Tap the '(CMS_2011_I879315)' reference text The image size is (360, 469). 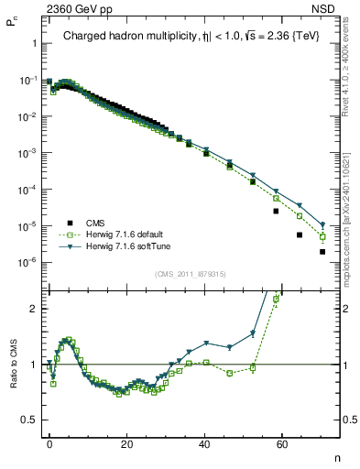click(x=190, y=274)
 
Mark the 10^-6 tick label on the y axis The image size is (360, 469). click(x=27, y=262)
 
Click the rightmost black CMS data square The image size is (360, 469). click(x=322, y=252)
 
